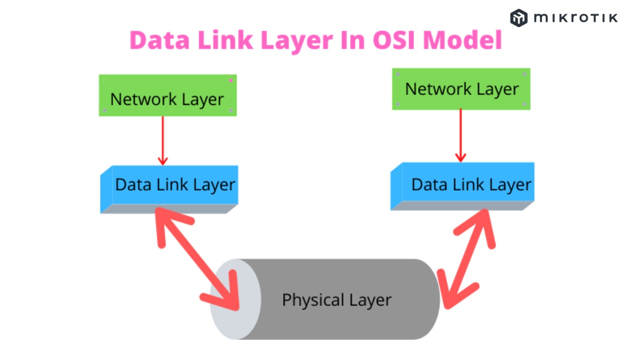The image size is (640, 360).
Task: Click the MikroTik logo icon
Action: point(518,18)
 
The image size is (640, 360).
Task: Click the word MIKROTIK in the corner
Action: point(575,18)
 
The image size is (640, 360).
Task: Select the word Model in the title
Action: point(462,40)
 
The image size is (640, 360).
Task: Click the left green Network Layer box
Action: point(167,95)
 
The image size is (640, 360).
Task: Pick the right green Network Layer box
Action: point(461,89)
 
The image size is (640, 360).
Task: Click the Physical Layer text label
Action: point(336,300)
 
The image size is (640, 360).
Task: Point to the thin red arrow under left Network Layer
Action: point(162,140)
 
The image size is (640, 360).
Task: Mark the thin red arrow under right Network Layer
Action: point(460,135)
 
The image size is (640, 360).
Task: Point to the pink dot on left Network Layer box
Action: point(230,80)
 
